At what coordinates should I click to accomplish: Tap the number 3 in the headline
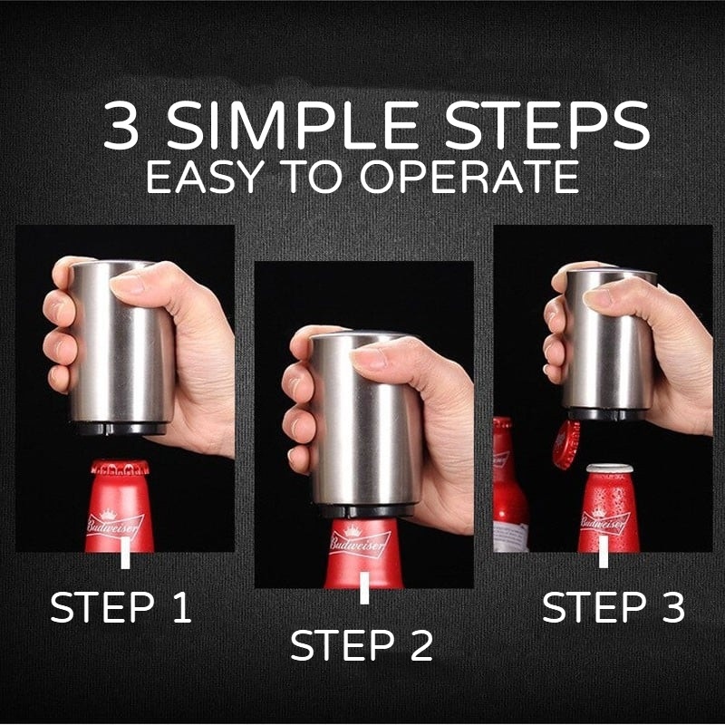click(121, 126)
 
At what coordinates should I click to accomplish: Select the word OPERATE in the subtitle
click(469, 176)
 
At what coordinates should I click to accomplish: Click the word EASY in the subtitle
click(203, 176)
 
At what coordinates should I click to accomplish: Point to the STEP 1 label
click(121, 606)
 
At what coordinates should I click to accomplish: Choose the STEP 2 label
click(362, 645)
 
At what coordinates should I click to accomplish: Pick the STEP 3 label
click(614, 606)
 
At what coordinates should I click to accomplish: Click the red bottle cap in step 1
click(120, 468)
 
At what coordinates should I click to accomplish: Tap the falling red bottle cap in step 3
click(567, 444)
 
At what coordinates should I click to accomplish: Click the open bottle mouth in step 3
click(610, 468)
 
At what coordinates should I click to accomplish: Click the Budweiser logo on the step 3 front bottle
click(604, 520)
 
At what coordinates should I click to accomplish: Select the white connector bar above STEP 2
click(364, 587)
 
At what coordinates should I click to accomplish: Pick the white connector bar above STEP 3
click(604, 552)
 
